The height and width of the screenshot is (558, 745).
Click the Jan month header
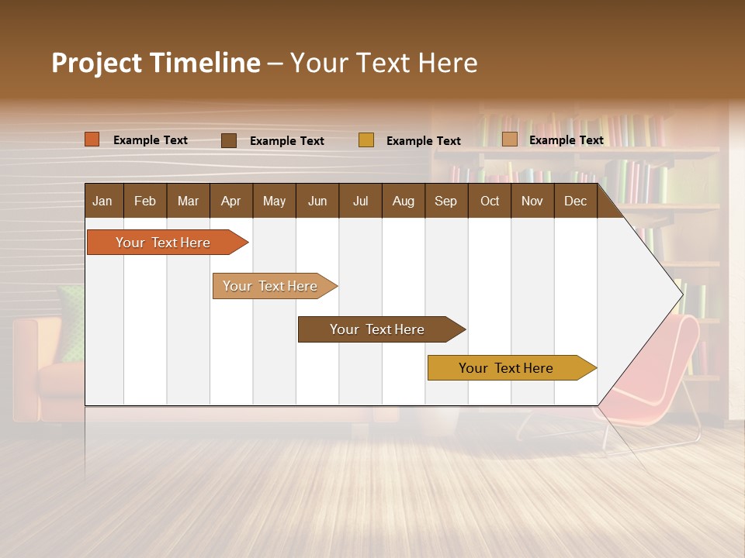click(x=103, y=201)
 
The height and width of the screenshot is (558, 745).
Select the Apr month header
click(x=231, y=201)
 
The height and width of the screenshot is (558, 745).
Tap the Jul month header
click(x=360, y=201)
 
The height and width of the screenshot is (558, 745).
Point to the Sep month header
click(x=445, y=201)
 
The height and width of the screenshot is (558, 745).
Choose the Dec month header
click(x=575, y=201)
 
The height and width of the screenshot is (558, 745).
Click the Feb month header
click(x=145, y=201)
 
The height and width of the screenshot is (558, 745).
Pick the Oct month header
click(x=490, y=201)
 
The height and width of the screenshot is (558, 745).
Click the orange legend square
click(x=92, y=139)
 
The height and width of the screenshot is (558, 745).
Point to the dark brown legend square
click(x=228, y=140)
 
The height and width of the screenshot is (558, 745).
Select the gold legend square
click(x=366, y=140)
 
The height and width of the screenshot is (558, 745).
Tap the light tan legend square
click(x=509, y=139)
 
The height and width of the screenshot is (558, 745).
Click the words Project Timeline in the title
click(x=155, y=63)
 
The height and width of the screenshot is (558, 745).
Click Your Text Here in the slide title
click(x=383, y=63)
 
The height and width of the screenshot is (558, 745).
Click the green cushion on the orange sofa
click(x=72, y=322)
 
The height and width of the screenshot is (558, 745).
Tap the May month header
click(x=274, y=201)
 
